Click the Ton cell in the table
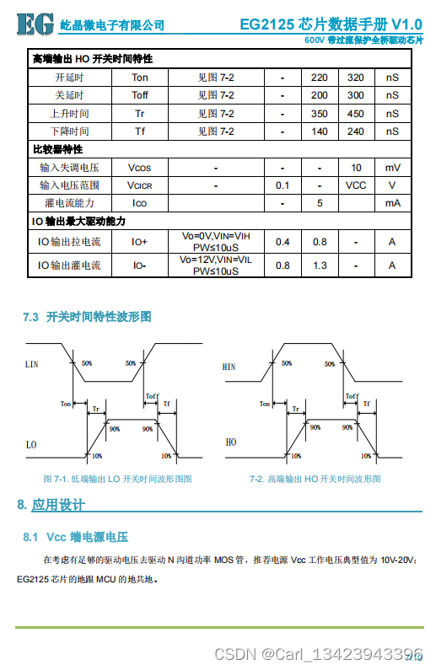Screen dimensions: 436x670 [x=140, y=78]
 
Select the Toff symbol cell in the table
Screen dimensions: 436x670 [x=140, y=95]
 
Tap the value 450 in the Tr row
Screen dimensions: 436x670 [x=356, y=113]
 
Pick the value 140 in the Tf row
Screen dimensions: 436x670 [x=320, y=131]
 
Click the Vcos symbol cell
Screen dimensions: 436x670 [x=140, y=168]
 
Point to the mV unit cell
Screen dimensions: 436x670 [x=392, y=168]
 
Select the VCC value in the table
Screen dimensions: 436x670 [x=356, y=185]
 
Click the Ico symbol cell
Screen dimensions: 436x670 [x=140, y=203]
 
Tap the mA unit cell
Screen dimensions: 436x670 [x=392, y=203]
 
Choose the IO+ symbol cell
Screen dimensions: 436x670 [x=140, y=242]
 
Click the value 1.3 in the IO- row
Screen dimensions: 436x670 [x=320, y=265]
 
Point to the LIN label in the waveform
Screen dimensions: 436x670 [x=32, y=365]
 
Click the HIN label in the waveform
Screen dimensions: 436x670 [x=229, y=367]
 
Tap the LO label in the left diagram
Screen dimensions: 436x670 [x=31, y=443]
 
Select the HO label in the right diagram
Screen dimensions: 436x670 [x=230, y=442]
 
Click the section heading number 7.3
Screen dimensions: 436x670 [x=31, y=317]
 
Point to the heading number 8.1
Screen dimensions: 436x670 [x=31, y=537]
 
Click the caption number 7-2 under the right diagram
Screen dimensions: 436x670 [x=257, y=479]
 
